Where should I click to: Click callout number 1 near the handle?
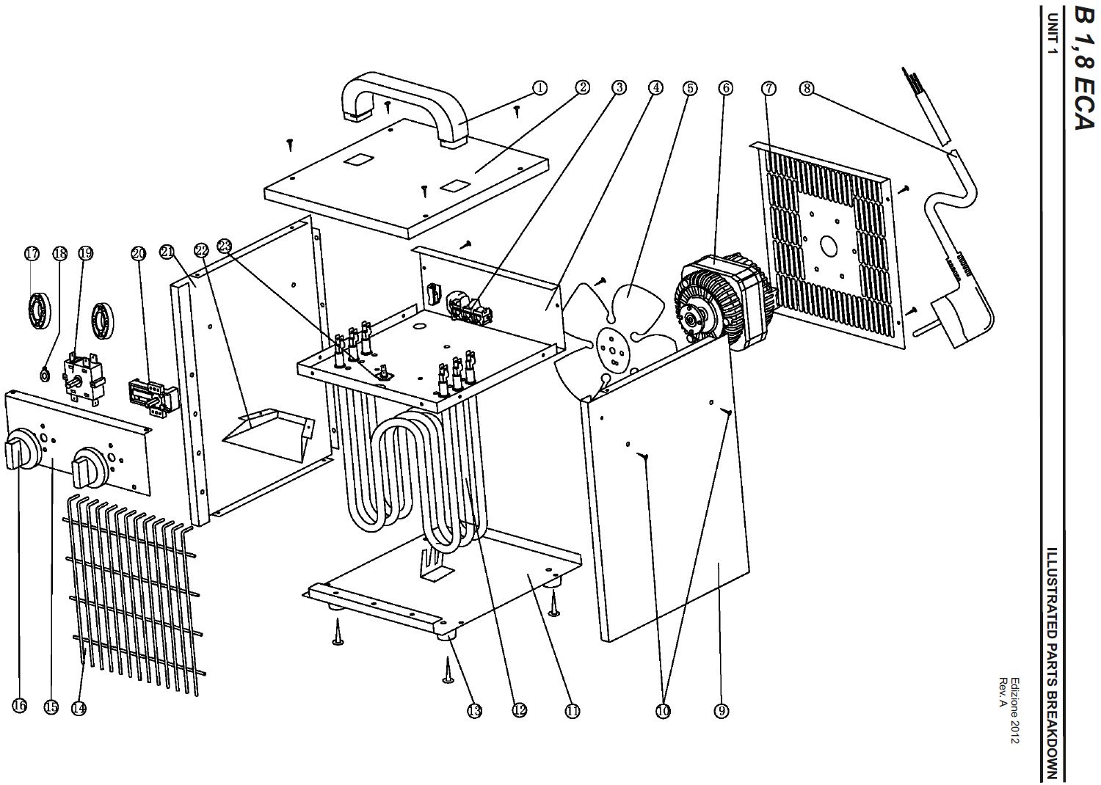pos(539,88)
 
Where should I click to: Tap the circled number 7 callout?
pos(768,89)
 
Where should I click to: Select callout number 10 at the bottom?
pos(663,710)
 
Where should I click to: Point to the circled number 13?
pos(474,710)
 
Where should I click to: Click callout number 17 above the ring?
pos(32,254)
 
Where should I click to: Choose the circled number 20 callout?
pos(139,254)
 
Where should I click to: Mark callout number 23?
pos(225,246)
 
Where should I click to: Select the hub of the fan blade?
pos(612,348)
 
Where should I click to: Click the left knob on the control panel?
pos(22,450)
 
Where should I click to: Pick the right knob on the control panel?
pos(89,467)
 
